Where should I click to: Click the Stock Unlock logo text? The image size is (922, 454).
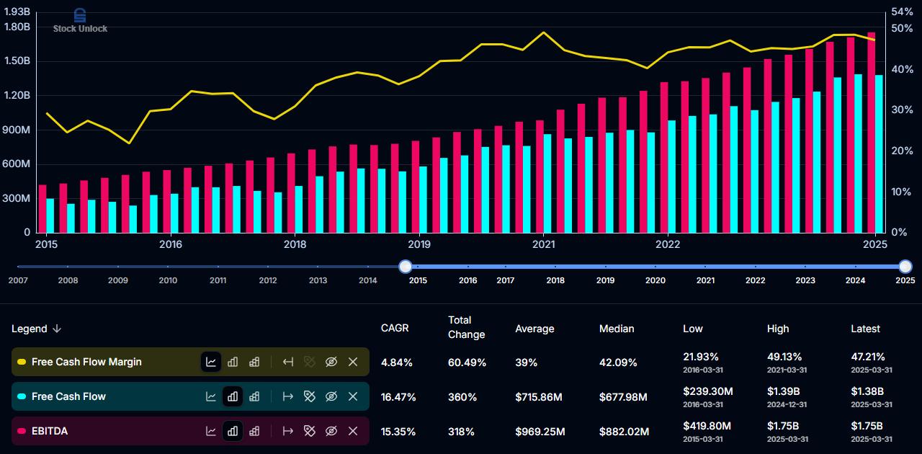(80, 28)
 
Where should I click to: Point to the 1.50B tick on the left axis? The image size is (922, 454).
(17, 61)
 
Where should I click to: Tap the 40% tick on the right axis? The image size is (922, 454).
(903, 69)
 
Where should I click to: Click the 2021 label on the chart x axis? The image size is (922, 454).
(543, 244)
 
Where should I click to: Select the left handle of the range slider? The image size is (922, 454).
(406, 267)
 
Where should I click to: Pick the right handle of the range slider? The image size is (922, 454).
(905, 267)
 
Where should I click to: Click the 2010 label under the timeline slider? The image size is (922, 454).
(168, 280)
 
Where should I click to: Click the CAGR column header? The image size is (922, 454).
(395, 328)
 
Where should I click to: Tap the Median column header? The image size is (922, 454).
(617, 329)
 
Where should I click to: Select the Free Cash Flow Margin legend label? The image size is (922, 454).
(86, 362)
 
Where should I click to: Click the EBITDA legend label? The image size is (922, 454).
(50, 431)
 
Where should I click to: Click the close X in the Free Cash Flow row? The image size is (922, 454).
(353, 396)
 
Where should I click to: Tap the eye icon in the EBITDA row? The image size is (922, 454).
(331, 431)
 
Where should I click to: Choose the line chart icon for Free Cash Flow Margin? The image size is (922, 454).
(211, 362)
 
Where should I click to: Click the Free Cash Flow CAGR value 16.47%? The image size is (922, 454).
(398, 397)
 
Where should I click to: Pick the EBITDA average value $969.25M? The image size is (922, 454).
(540, 432)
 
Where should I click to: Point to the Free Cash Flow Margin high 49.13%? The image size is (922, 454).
(784, 357)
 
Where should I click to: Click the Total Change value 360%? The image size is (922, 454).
(462, 397)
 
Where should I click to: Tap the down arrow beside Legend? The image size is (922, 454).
(57, 329)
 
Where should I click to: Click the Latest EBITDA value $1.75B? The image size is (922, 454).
(867, 426)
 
